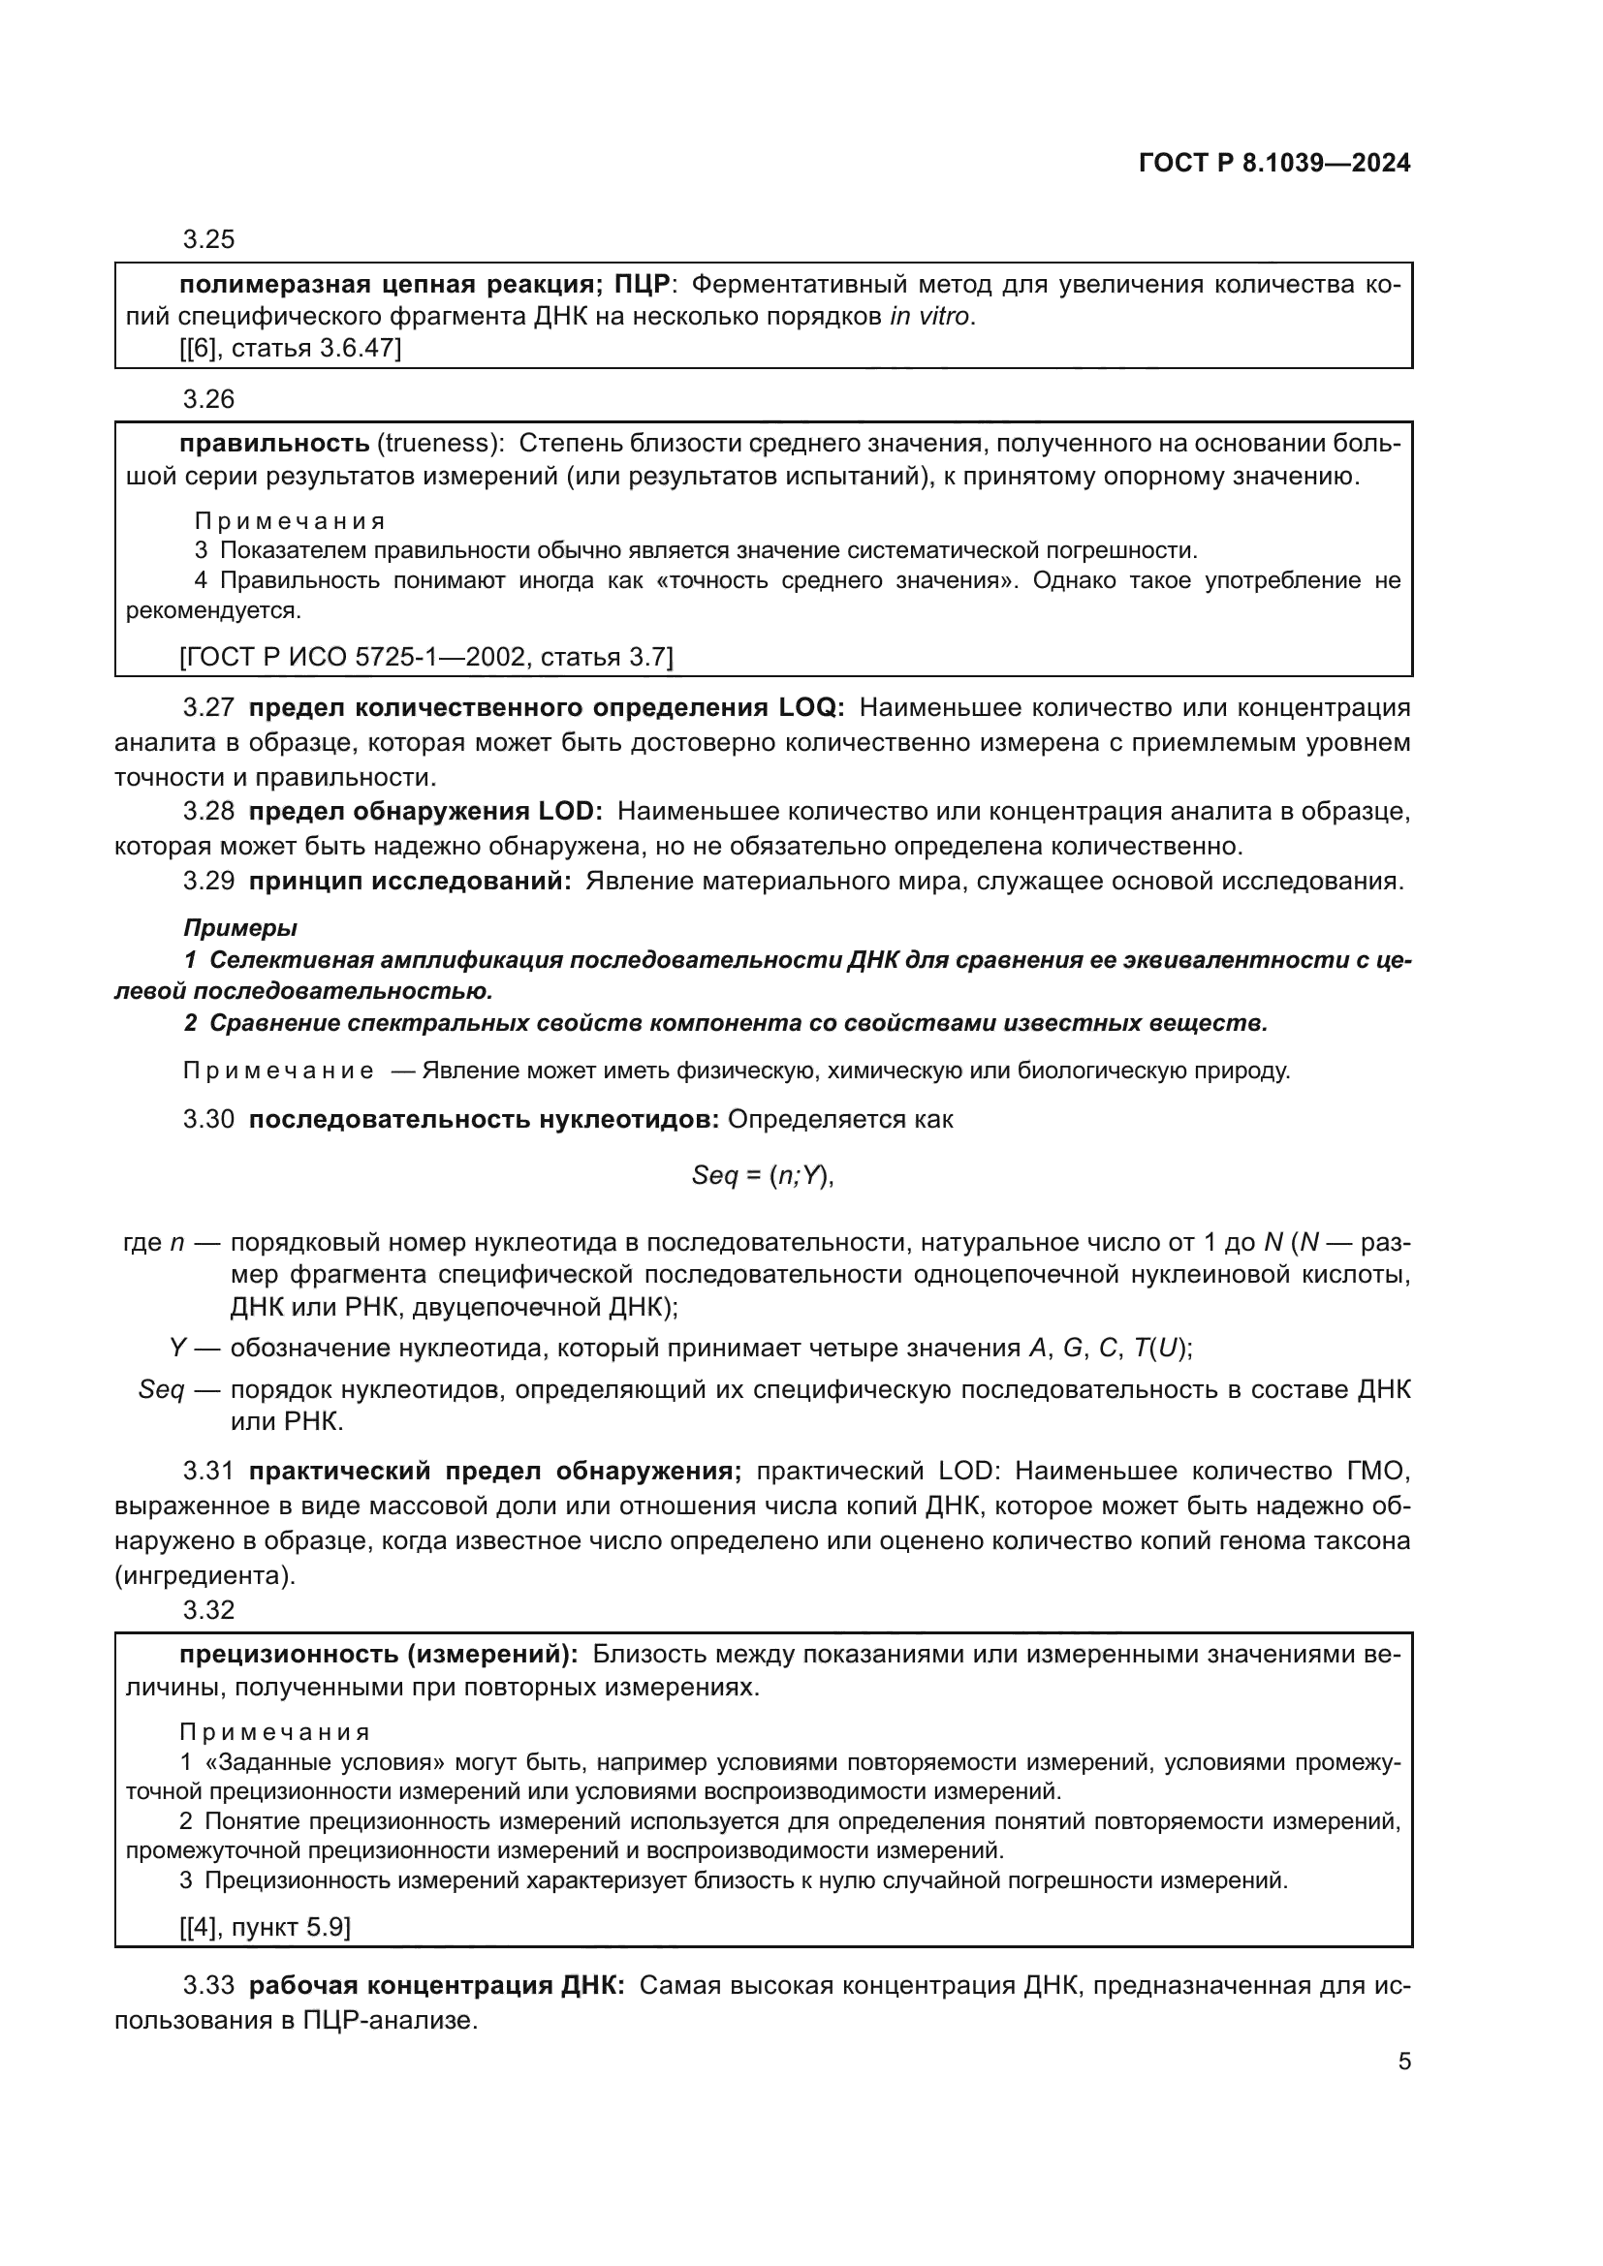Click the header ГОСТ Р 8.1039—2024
coord(1274,164)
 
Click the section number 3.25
coord(208,240)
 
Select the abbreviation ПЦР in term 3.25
coord(642,285)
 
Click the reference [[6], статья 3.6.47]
coord(290,349)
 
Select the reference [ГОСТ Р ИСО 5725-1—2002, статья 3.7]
coord(425,657)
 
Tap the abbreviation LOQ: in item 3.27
coord(811,707)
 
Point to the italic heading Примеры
coord(239,928)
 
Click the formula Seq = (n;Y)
coord(763,1175)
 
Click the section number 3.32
coord(208,1611)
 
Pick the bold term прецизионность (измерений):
coord(378,1655)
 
